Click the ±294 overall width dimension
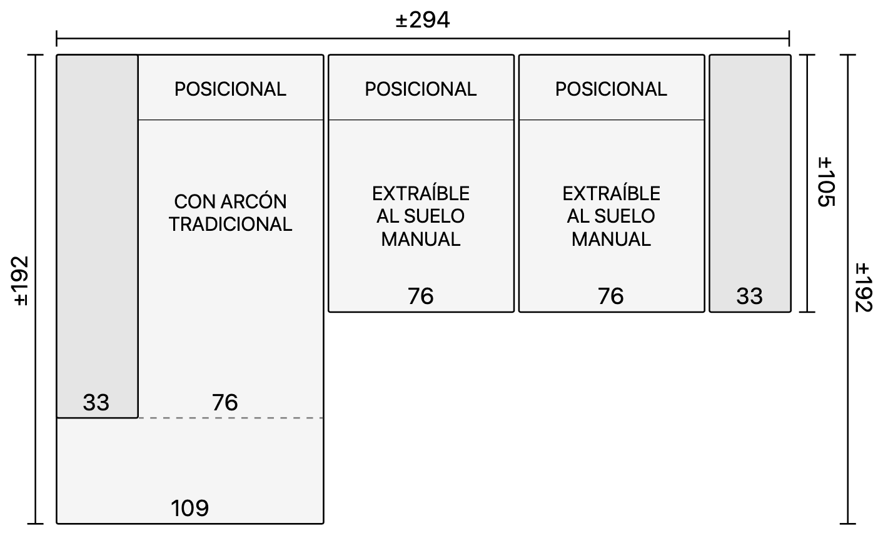[x=423, y=20]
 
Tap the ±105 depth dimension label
[x=827, y=182]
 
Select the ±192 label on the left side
[x=21, y=282]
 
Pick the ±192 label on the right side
[x=864, y=288]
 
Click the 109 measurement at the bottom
[x=189, y=508]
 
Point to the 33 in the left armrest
[x=96, y=403]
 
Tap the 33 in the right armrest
[x=749, y=297]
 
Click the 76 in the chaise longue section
[x=225, y=403]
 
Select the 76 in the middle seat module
[x=421, y=297]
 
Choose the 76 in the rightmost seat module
[x=610, y=297]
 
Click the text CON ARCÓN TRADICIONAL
[x=230, y=213]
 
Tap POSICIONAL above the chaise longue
[x=230, y=89]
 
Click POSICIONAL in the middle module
[x=421, y=89]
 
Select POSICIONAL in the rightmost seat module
[x=611, y=89]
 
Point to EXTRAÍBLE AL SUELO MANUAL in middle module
[x=421, y=216]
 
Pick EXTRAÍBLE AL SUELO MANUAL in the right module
[x=611, y=216]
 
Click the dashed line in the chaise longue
[x=230, y=418]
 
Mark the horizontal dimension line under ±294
[x=423, y=39]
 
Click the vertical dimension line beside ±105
[x=807, y=183]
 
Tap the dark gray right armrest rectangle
[x=750, y=183]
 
